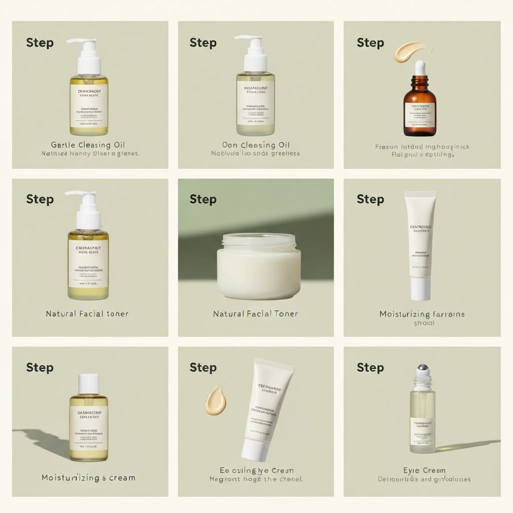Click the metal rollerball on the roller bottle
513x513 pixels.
(422, 370)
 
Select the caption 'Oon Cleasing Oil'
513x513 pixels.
(255, 145)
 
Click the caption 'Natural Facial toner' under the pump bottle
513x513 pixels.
(87, 314)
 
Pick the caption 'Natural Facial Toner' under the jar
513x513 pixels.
(255, 314)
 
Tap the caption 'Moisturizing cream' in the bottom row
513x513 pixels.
(88, 477)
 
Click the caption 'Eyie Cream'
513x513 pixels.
(424, 470)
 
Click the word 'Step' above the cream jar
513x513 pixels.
(202, 199)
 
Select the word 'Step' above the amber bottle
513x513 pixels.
(370, 43)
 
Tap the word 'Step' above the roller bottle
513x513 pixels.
(370, 368)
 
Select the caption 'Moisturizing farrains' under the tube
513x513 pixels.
(422, 314)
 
